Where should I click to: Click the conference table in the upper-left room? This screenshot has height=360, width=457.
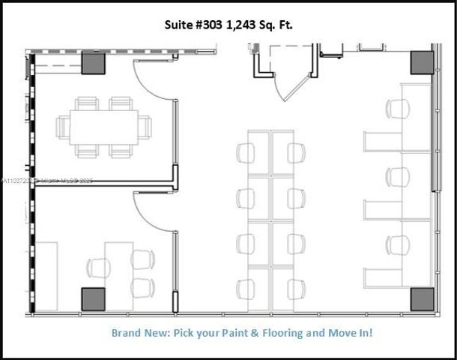(103, 127)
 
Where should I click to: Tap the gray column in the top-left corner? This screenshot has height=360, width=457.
(92, 62)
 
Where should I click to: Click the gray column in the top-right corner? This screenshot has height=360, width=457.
(421, 62)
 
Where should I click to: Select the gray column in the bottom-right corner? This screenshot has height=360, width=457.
(421, 298)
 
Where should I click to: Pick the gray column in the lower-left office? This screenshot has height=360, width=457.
(93, 298)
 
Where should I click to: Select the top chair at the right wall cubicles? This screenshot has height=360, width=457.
(398, 109)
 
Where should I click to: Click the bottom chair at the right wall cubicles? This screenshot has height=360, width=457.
(398, 245)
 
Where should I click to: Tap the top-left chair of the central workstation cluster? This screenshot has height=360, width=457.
(246, 153)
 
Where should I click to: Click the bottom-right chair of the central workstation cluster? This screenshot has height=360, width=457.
(296, 289)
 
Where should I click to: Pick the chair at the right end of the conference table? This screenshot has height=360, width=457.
(145, 127)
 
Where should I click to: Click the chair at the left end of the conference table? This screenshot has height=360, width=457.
(63, 127)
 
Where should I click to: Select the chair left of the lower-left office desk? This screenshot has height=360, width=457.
(98, 268)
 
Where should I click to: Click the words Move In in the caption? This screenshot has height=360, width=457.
(350, 331)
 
